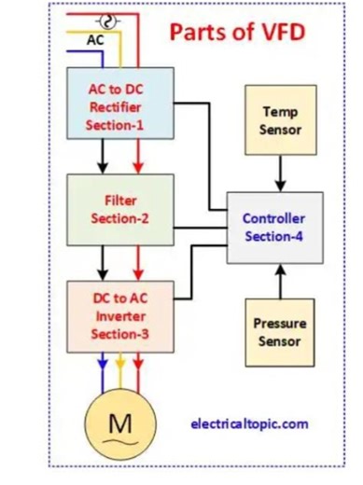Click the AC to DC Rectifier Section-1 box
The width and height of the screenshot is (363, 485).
118,105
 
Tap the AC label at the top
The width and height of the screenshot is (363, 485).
94,40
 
